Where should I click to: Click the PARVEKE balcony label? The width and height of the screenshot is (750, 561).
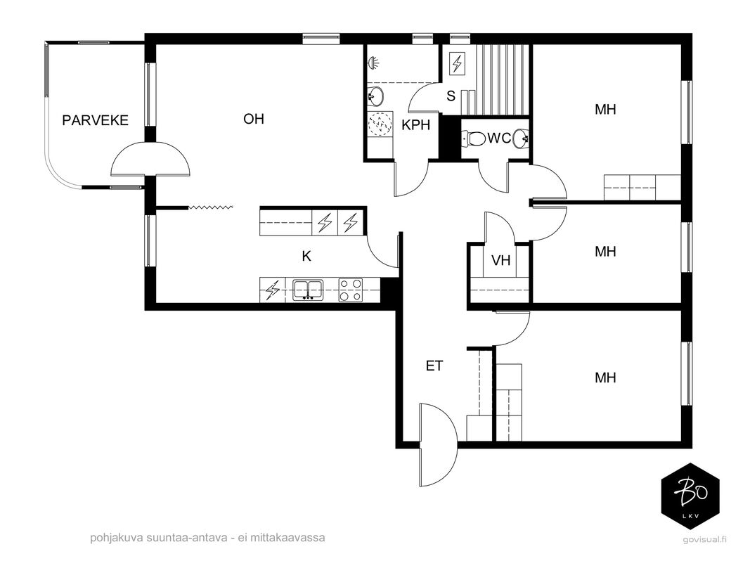coord(95,120)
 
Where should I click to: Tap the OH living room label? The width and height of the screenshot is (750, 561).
coord(254,119)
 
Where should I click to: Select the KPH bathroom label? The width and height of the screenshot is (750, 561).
coord(415,125)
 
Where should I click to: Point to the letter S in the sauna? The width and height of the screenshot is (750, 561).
coord(451,96)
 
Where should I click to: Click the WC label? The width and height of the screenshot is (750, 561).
coord(499,138)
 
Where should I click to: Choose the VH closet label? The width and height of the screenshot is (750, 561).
coord(500,260)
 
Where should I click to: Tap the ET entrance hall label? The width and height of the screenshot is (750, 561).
coord(434,366)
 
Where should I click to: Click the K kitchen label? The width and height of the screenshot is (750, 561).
coord(306,257)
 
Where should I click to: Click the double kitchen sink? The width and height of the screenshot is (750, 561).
coord(308,290)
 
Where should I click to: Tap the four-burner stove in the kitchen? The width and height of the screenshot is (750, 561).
coord(351,290)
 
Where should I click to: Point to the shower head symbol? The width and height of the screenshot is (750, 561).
coord(374,62)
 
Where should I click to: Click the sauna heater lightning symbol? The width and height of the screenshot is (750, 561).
coord(458,62)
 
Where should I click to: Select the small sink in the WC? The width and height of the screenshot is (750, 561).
coord(521,138)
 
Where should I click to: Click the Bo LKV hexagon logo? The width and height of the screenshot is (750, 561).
coord(690,496)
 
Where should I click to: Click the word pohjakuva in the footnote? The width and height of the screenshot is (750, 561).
coord(112,538)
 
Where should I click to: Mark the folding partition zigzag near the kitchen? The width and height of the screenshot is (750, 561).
coord(211,207)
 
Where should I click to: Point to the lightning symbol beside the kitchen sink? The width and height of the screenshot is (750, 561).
coord(272,290)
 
